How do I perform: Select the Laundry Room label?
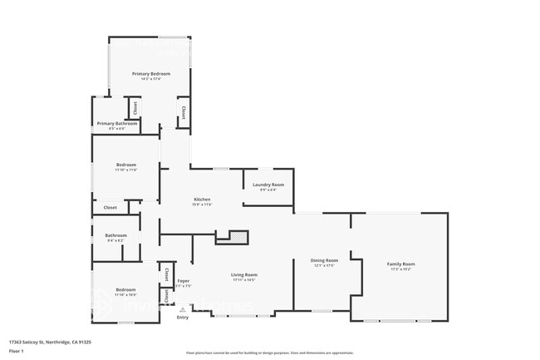268,184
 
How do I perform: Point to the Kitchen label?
202,200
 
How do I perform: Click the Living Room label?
244,274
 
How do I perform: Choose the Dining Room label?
324,260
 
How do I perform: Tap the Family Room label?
401,264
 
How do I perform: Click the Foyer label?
184,280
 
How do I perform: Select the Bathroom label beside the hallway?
115,235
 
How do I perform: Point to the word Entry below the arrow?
183,317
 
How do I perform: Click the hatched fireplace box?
237,236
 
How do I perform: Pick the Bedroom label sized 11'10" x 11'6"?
125,165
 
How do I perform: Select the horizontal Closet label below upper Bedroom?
110,207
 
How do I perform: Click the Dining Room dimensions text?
324,266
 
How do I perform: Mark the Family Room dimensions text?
401,269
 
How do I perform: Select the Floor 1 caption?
16,351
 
